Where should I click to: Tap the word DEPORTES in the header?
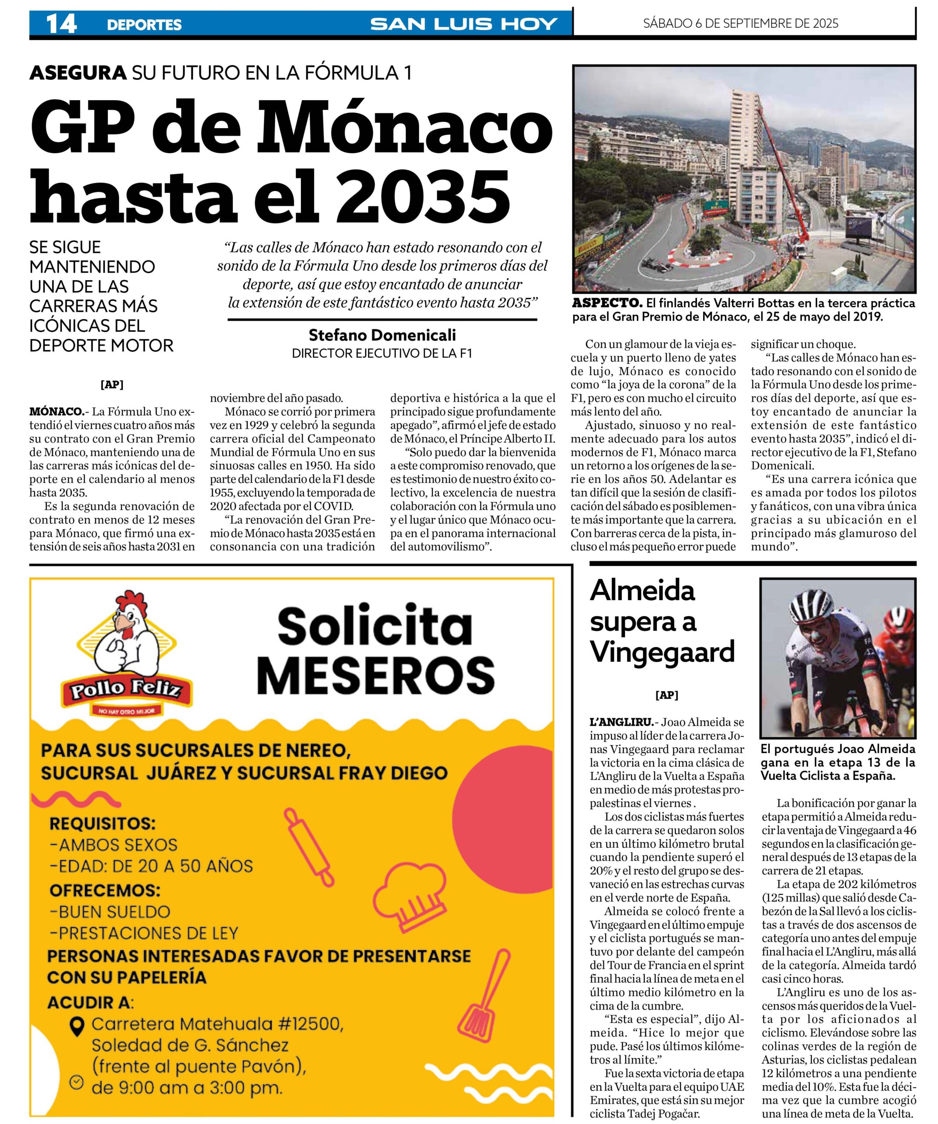tap(144, 25)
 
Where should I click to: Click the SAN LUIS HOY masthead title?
tap(464, 24)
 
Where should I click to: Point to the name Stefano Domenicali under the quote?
tap(382, 335)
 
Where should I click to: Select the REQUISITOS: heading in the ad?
tap(102, 823)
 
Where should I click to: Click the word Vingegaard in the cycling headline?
tap(662, 652)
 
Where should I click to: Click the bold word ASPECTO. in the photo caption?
tap(607, 303)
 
